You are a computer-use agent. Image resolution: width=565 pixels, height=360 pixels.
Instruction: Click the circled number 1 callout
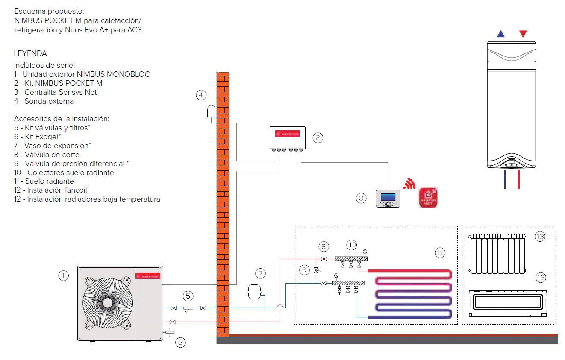(x=63, y=275)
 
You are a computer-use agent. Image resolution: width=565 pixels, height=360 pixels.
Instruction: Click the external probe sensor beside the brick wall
(x=212, y=111)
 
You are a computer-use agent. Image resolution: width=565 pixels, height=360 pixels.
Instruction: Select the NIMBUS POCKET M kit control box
(x=287, y=138)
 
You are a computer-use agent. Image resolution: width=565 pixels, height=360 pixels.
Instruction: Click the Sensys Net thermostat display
(x=388, y=198)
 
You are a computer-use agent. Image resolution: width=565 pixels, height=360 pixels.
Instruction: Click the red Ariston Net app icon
(x=428, y=197)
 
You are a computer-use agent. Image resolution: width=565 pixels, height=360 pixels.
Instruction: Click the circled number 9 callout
(x=304, y=270)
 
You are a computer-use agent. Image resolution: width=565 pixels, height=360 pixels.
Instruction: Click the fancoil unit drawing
(x=508, y=303)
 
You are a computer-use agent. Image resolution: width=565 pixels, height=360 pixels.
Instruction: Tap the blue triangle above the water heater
(x=500, y=34)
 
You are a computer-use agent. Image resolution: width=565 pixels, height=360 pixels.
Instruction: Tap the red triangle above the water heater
(x=523, y=34)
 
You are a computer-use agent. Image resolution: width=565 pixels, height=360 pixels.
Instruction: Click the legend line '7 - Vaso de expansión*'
(x=53, y=146)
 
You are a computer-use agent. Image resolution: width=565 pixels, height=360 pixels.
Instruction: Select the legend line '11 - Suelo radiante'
(x=44, y=181)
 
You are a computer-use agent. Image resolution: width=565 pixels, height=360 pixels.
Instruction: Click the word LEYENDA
(x=30, y=53)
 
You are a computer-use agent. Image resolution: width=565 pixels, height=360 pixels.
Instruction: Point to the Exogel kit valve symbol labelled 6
(x=170, y=332)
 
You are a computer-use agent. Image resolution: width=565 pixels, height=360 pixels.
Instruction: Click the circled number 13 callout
(x=540, y=236)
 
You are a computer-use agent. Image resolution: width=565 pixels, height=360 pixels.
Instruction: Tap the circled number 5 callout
(x=188, y=296)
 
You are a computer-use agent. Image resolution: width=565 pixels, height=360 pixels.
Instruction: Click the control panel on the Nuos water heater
(x=511, y=164)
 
